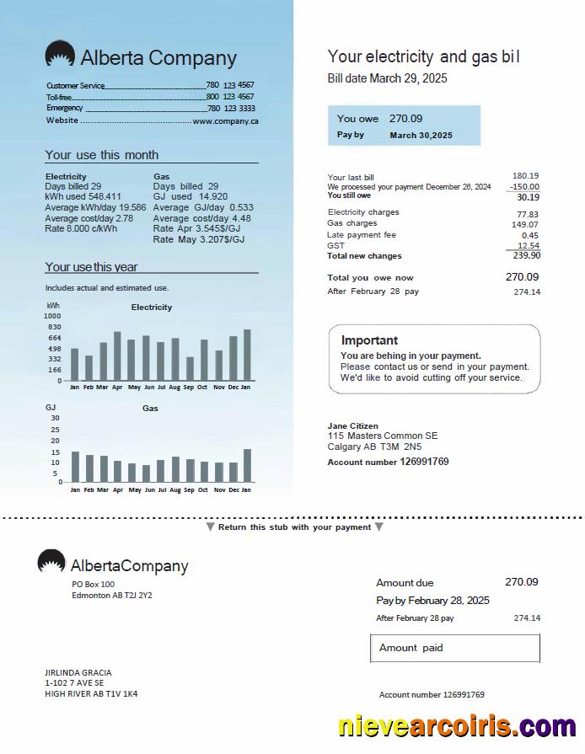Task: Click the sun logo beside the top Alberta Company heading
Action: (60, 56)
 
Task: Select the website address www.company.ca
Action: (226, 121)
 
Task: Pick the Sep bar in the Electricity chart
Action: (190, 368)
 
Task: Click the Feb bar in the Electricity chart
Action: (89, 367)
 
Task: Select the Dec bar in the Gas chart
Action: (233, 472)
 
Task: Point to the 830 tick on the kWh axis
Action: (54, 327)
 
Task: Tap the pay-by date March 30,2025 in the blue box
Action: (421, 136)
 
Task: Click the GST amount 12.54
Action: (528, 245)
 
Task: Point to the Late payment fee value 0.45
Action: (530, 235)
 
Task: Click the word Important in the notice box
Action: (369, 340)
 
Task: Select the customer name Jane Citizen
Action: (352, 426)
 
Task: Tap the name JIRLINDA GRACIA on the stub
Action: (78, 672)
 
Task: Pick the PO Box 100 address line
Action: (94, 584)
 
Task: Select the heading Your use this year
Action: (91, 267)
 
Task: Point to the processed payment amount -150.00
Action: (524, 187)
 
